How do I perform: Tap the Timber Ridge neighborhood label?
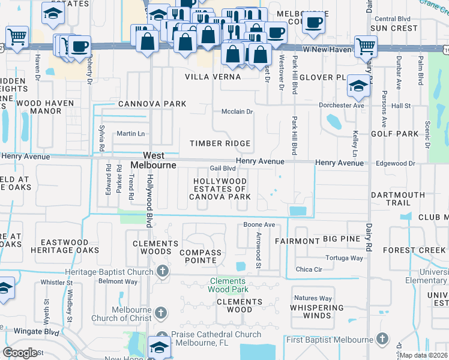pos(220,143)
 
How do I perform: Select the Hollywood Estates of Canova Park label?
pos(220,188)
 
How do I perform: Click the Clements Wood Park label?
pos(228,285)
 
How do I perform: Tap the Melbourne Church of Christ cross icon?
pos(161,313)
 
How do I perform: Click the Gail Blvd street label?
pos(222,169)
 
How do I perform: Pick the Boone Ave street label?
pos(259,225)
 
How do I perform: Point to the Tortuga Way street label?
pos(344,258)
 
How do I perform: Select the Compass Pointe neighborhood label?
pos(200,256)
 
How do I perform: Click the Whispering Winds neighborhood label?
pos(317,311)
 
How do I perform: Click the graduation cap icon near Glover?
pos(358,86)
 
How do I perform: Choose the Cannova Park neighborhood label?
pos(152,104)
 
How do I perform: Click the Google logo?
pos(20,353)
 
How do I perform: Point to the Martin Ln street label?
pos(131,133)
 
